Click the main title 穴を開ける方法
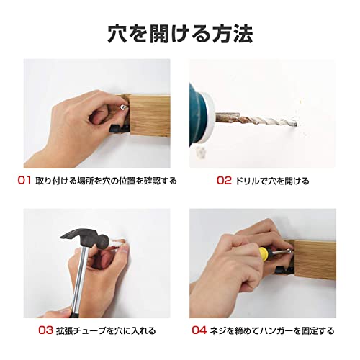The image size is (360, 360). click(180, 34)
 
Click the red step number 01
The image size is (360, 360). click(24, 180)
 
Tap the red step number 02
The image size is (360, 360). click(224, 180)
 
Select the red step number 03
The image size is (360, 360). click(45, 330)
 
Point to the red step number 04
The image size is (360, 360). click(199, 330)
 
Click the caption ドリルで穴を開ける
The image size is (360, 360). click(272, 181)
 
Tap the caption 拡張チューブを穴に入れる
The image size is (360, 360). click(106, 330)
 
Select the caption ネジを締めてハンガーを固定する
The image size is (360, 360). click(272, 330)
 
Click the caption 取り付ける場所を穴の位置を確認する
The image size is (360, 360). click(106, 181)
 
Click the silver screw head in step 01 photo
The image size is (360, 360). click(123, 107)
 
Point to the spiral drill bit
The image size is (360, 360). click(256, 120)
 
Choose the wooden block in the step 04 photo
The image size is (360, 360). click(313, 260)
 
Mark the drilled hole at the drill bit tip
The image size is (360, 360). click(298, 125)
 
